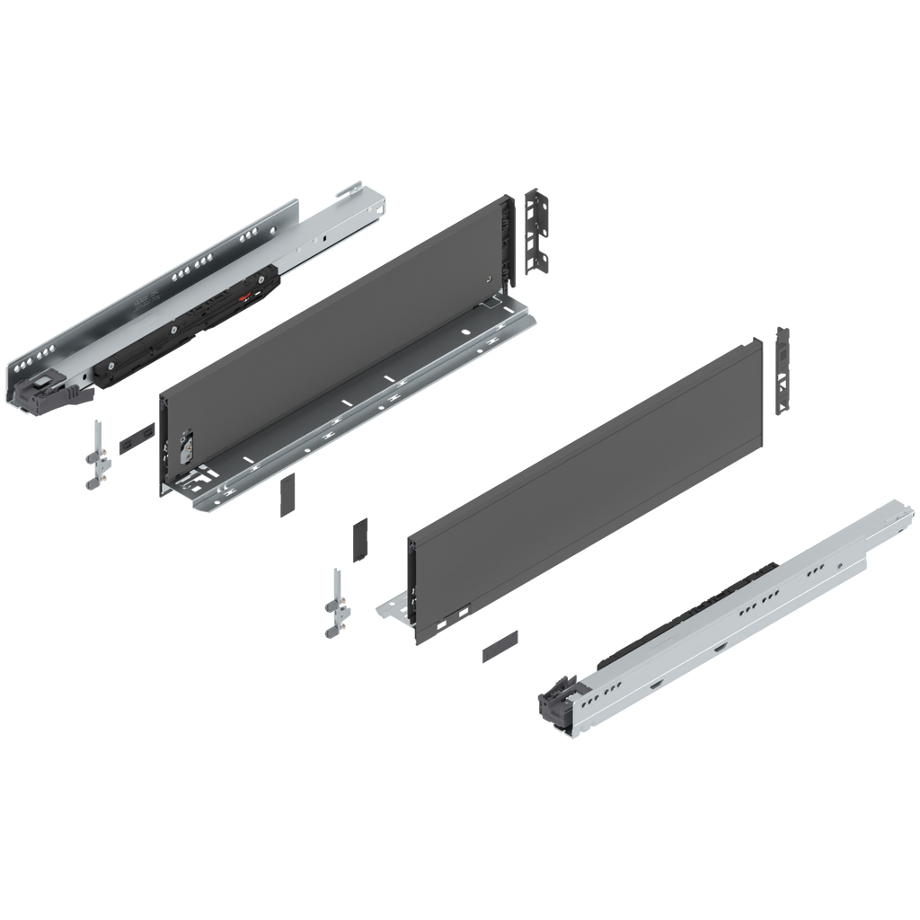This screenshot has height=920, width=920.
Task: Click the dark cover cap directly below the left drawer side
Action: pos(287,495)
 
